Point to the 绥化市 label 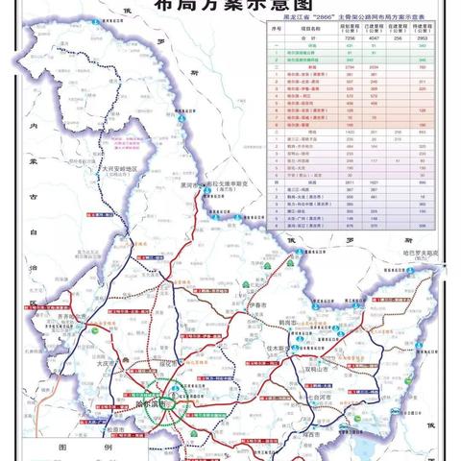[179, 365]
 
